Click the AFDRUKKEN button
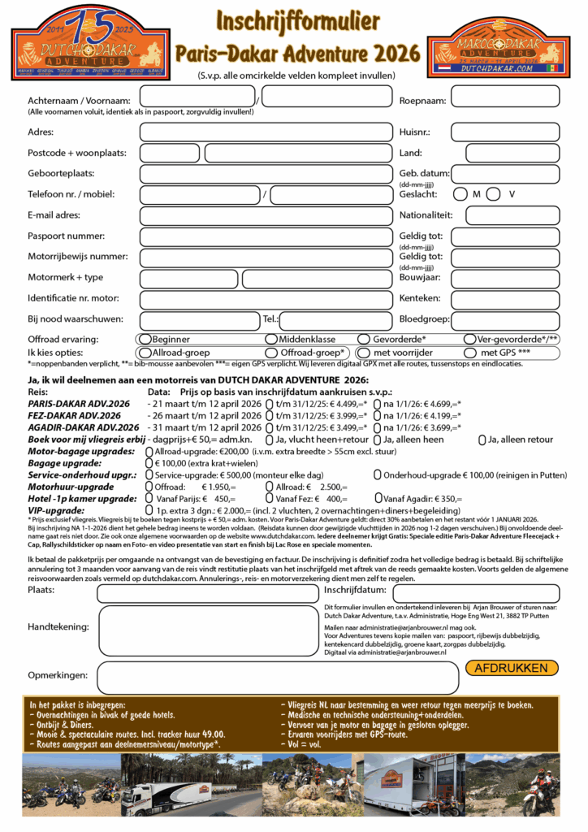(512, 668)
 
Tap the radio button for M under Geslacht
(460, 194)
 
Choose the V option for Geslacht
(495, 194)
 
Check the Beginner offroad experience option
(145, 339)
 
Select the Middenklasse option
(270, 339)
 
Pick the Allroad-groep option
(145, 353)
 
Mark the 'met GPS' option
(470, 353)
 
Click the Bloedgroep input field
(504, 320)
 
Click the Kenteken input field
(504, 299)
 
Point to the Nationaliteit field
(512, 216)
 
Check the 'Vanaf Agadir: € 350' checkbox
(378, 498)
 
